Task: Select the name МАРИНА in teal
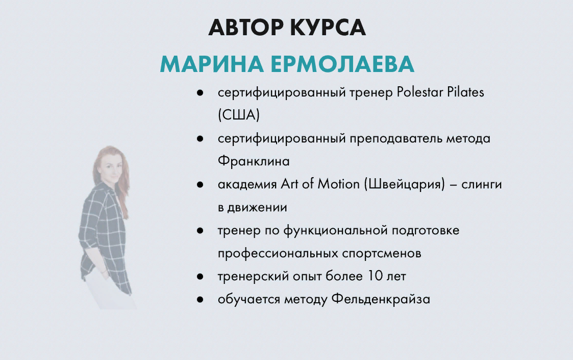(x=212, y=64)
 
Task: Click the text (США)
(x=239, y=115)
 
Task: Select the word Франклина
(x=254, y=161)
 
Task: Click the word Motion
(x=338, y=184)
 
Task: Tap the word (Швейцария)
(x=405, y=184)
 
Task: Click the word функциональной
(x=335, y=231)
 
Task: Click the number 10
(x=375, y=276)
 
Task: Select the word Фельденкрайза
(x=381, y=299)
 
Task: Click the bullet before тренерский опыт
(x=200, y=277)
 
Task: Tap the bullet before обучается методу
(x=200, y=300)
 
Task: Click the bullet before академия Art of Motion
(x=200, y=185)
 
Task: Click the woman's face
(x=111, y=169)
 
